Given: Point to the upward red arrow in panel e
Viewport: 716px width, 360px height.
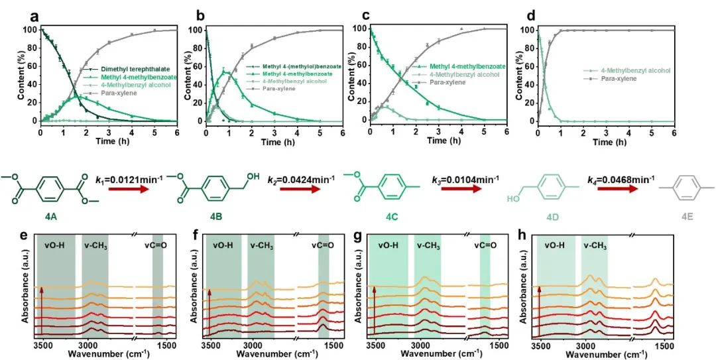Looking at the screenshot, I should [x=41, y=308].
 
